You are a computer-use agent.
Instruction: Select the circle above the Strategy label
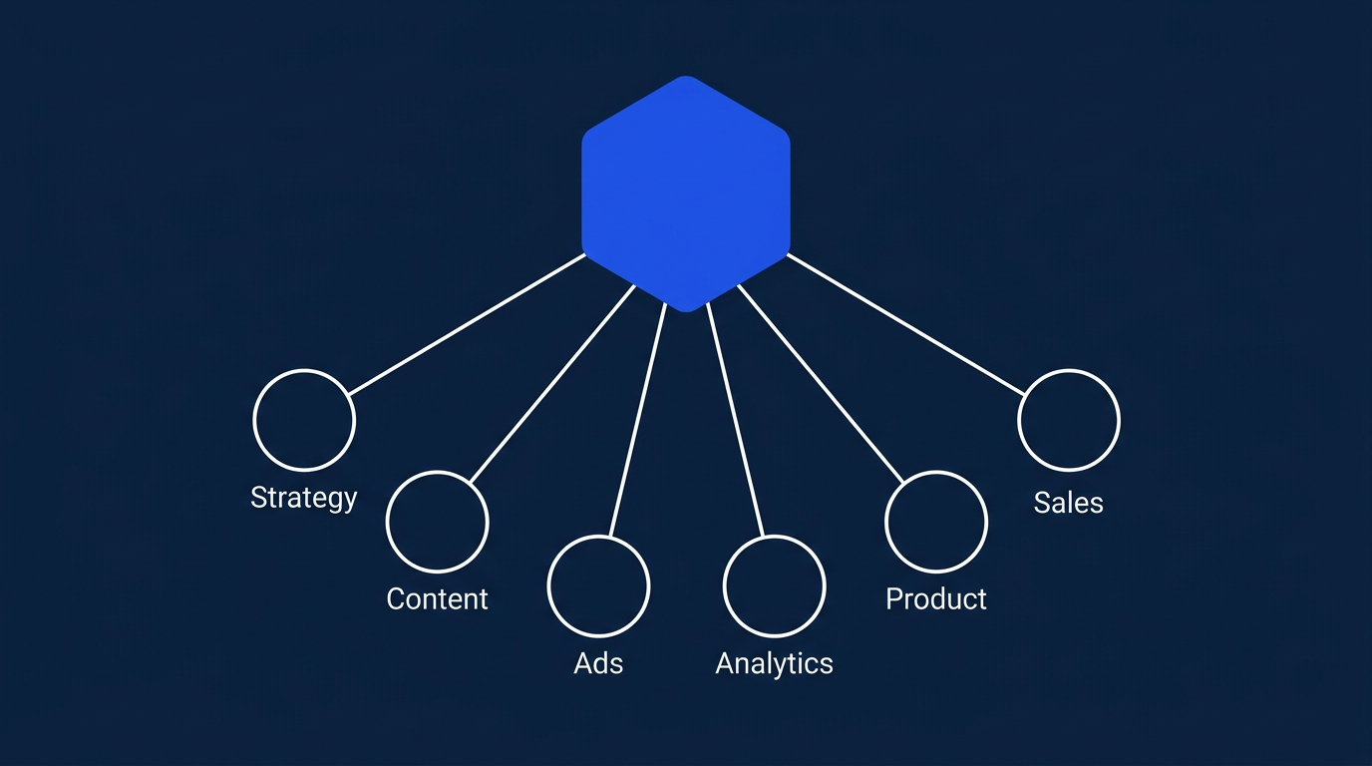pyautogui.click(x=304, y=420)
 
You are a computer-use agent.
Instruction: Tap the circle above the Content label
pyautogui.click(x=437, y=522)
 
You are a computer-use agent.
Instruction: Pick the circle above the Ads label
pyautogui.click(x=598, y=585)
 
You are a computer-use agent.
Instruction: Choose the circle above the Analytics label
pyautogui.click(x=774, y=585)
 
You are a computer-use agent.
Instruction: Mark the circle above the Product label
pyautogui.click(x=935, y=522)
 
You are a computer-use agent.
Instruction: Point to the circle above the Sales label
pyautogui.click(x=1069, y=420)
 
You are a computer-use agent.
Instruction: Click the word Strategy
pyautogui.click(x=304, y=497)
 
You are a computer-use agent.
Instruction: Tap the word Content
pyautogui.click(x=437, y=598)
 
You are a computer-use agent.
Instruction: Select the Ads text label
pyautogui.click(x=598, y=663)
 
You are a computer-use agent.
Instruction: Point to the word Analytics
pyautogui.click(x=774, y=663)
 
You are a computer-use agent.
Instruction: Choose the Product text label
pyautogui.click(x=935, y=598)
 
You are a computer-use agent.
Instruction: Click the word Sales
pyautogui.click(x=1069, y=502)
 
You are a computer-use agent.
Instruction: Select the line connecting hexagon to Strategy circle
pyautogui.click(x=466, y=324)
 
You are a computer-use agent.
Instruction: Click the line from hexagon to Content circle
pyautogui.click(x=551, y=384)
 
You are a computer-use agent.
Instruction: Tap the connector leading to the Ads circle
pyautogui.click(x=637, y=419)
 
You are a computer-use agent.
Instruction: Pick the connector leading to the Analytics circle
pyautogui.click(x=735, y=419)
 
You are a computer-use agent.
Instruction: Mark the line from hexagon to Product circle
pyautogui.click(x=821, y=384)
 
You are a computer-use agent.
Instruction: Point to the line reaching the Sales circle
pyautogui.click(x=905, y=324)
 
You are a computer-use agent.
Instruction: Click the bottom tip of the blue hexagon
pyautogui.click(x=686, y=308)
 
